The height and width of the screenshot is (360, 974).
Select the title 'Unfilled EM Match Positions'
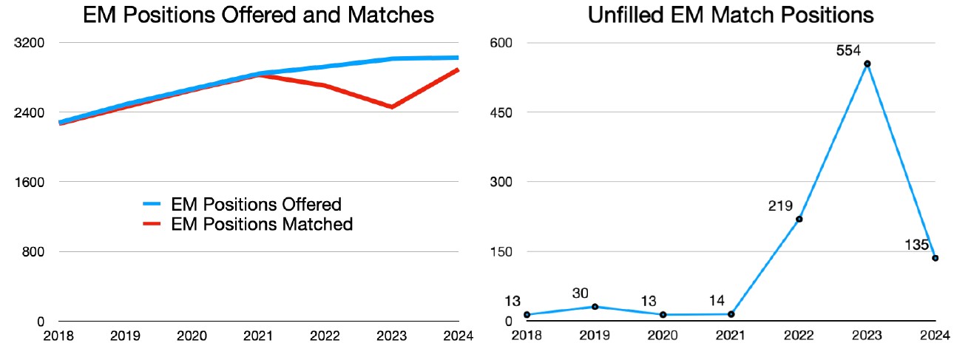731,15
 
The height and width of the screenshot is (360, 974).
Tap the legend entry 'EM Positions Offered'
256,204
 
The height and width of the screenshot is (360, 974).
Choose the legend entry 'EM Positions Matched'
261,223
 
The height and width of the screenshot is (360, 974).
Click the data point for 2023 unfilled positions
867,64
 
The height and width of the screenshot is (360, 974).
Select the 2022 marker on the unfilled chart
799,219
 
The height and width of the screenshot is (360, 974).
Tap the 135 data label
916,245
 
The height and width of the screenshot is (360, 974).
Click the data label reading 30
580,293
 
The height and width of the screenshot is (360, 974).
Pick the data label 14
717,301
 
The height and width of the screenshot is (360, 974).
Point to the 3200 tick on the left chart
31,43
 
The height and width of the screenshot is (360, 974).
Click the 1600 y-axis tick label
31,182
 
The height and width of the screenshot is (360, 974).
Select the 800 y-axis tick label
34,251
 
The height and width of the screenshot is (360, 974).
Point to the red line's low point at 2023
391,107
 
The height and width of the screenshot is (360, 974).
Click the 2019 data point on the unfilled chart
595,306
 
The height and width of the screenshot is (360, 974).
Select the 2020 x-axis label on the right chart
663,336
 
